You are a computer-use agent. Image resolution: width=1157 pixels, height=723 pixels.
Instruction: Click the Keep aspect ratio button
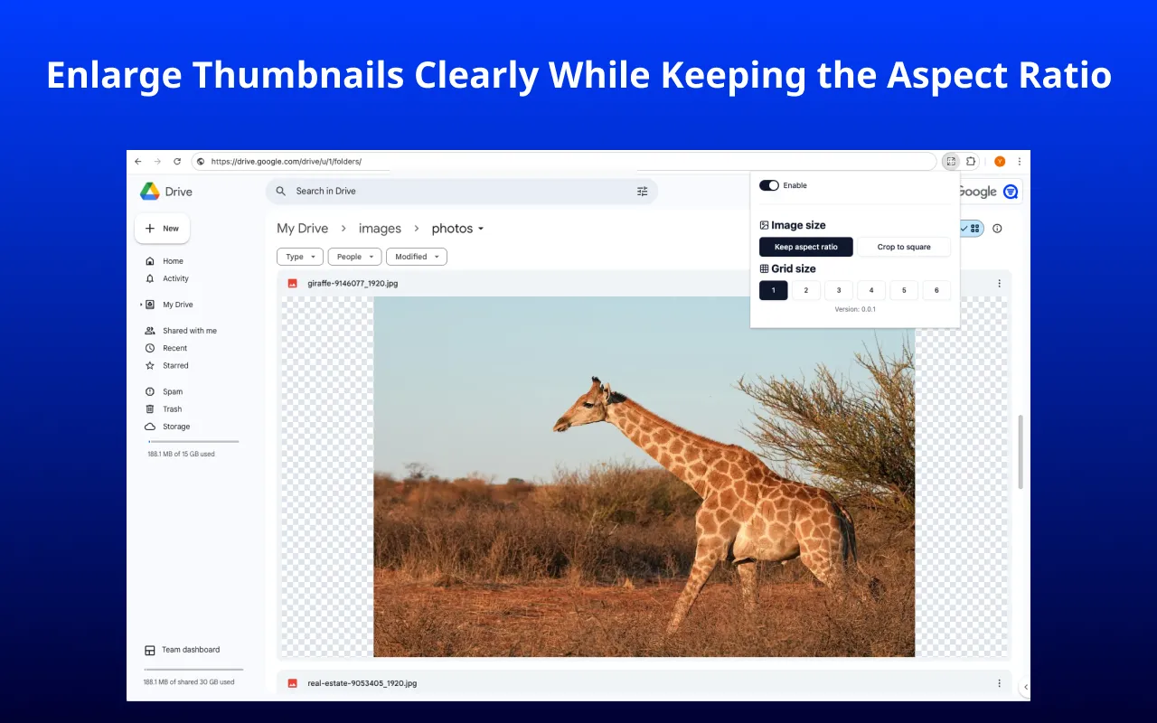click(805, 247)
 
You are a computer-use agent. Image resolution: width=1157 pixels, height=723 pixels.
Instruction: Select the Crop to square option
click(904, 247)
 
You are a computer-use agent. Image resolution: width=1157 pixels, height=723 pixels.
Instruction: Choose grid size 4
click(870, 290)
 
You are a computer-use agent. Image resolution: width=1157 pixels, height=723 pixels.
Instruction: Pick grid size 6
click(936, 290)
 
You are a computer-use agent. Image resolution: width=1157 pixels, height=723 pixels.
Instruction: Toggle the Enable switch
click(769, 185)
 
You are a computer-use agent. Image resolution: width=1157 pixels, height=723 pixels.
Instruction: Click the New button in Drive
click(163, 229)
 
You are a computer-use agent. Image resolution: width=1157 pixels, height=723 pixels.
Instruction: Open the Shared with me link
click(189, 331)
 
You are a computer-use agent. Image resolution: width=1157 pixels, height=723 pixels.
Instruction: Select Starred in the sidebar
click(175, 366)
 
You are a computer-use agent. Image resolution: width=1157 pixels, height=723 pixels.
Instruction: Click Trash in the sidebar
click(172, 409)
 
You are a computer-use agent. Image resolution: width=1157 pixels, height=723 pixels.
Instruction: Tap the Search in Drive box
click(452, 192)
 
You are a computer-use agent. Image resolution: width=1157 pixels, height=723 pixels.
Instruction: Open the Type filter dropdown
click(300, 257)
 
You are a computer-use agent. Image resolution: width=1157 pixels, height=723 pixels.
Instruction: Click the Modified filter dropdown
click(416, 257)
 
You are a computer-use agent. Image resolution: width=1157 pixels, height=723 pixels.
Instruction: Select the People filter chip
click(354, 257)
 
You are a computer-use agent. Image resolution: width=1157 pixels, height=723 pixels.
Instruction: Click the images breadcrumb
click(380, 229)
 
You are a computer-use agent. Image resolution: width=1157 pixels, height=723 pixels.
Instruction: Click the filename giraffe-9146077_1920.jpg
click(353, 283)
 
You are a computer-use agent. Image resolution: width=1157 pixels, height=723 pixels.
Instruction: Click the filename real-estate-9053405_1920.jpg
click(362, 683)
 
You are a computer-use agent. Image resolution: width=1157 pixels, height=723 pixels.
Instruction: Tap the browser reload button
click(177, 162)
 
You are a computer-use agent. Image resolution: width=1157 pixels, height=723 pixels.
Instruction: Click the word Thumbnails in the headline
click(297, 75)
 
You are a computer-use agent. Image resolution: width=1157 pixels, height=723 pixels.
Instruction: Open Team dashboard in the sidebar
click(190, 650)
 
